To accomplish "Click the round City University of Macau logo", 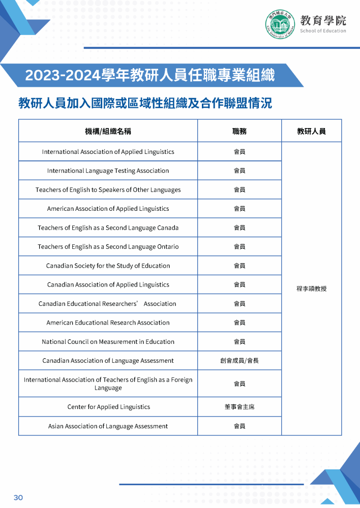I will (x=280, y=24).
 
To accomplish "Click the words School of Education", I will (x=323, y=31).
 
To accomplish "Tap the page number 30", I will (x=18, y=497).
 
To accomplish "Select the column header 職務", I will (x=239, y=131).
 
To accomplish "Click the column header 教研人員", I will (x=311, y=131).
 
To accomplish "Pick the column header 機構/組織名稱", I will (x=108, y=131).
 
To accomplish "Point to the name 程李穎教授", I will (x=311, y=289).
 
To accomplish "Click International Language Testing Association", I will (x=108, y=171).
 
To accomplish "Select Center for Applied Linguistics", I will (x=108, y=407).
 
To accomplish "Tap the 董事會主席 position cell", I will (x=239, y=407).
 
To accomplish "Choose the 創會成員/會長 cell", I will (x=239, y=361).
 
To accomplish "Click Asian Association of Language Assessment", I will (x=108, y=426).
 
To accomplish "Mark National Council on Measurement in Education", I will (x=108, y=342).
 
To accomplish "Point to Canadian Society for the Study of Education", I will (x=108, y=266).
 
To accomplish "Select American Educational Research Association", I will (x=108, y=323).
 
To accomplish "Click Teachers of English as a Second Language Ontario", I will (x=108, y=247).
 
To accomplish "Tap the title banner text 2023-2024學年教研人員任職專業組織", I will (x=150, y=75).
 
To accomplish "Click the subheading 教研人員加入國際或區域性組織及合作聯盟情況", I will (x=145, y=103).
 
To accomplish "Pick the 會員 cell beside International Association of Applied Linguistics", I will (x=239, y=152).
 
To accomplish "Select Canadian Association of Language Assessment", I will (x=108, y=361).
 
